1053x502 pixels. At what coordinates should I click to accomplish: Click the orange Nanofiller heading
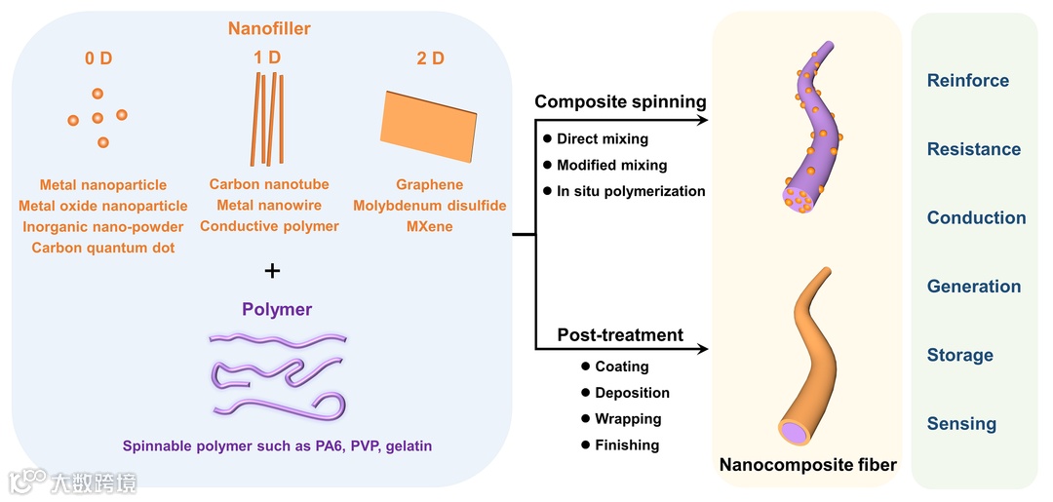(x=269, y=29)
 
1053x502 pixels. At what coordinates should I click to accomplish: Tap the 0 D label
(x=97, y=58)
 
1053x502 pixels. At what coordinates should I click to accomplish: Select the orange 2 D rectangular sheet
(x=430, y=126)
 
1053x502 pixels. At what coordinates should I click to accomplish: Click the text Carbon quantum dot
(x=103, y=248)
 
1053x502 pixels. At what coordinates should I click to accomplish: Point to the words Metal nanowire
(x=269, y=205)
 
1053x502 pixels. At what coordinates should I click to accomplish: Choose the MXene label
(x=430, y=226)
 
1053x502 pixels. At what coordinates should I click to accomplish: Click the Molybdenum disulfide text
(x=430, y=206)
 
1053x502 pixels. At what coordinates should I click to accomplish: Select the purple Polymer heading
(x=277, y=310)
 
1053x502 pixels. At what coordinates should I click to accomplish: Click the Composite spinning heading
(x=620, y=102)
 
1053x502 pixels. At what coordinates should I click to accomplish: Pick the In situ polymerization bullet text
(x=631, y=191)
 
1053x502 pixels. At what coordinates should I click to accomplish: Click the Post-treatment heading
(x=620, y=335)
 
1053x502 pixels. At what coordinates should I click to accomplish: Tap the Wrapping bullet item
(x=628, y=419)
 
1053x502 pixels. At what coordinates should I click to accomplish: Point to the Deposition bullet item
(x=632, y=393)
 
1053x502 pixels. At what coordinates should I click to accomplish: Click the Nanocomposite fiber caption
(x=807, y=465)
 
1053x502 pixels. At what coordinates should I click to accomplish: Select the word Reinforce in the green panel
(x=967, y=81)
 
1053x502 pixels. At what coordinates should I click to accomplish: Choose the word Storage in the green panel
(x=959, y=355)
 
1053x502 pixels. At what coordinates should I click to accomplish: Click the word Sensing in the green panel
(x=961, y=424)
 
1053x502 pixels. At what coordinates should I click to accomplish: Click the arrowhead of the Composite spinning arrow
(x=704, y=121)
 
